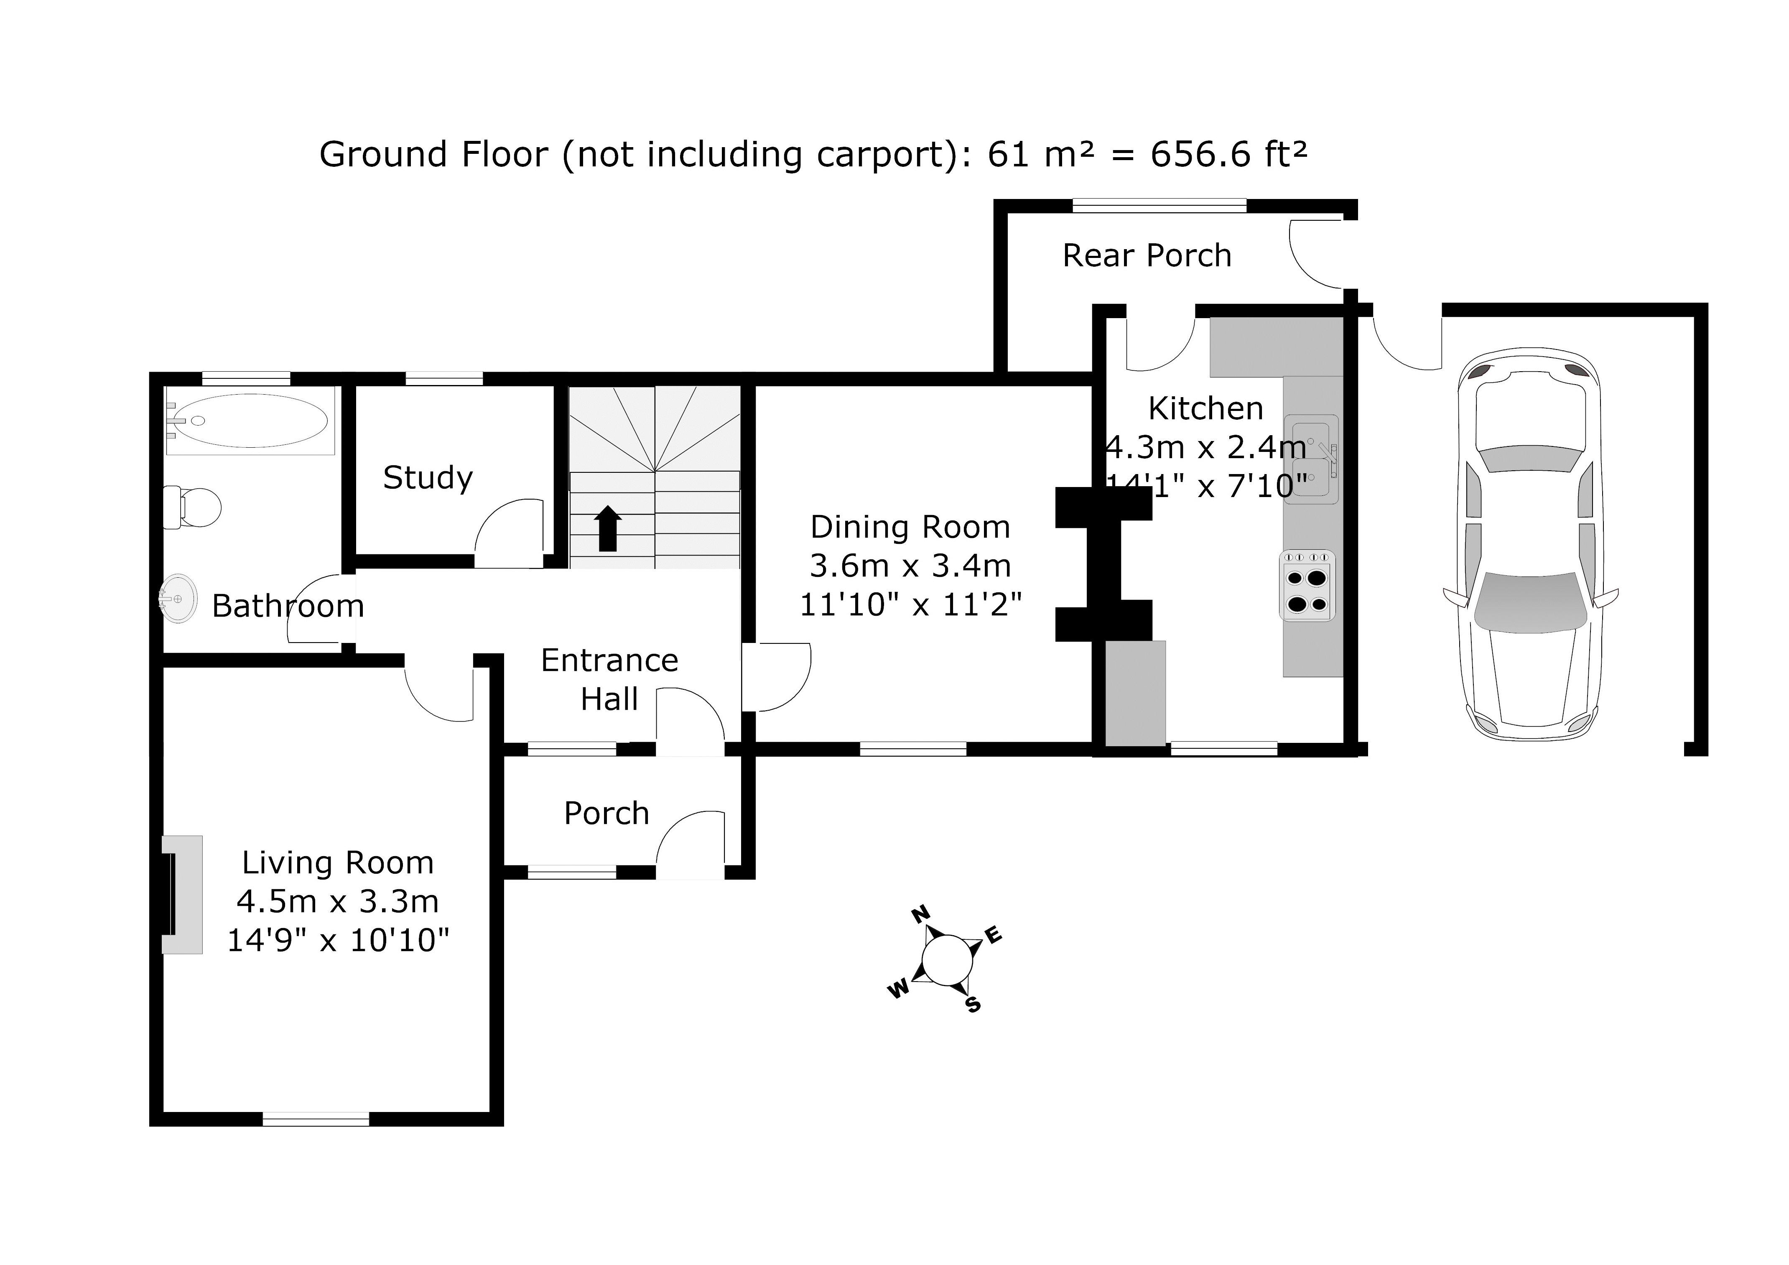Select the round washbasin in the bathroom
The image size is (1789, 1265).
[x=178, y=599]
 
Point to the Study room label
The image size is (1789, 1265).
[x=428, y=478]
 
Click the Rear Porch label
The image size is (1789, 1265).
[x=1146, y=256]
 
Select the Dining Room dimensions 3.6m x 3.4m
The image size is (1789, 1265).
[x=910, y=566]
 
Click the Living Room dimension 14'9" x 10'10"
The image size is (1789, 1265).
[x=338, y=941]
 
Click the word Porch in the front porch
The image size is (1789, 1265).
[x=606, y=814]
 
